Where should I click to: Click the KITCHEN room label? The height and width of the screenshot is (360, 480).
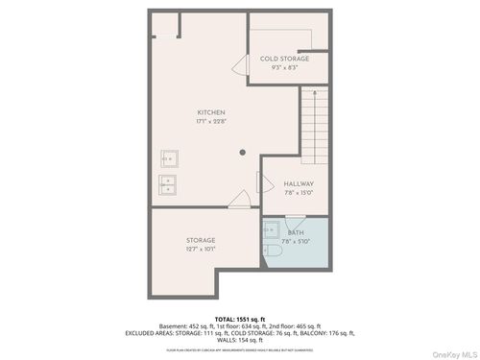click(x=211, y=112)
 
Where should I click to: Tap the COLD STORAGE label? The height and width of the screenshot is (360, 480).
click(x=285, y=59)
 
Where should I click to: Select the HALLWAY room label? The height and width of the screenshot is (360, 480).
click(x=299, y=183)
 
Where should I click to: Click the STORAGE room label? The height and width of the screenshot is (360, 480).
click(x=201, y=240)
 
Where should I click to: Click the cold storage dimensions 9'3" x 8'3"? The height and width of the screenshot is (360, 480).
click(x=285, y=68)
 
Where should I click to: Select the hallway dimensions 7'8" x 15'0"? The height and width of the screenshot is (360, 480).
click(x=299, y=192)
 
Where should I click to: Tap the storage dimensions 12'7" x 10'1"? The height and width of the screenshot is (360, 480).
click(x=201, y=249)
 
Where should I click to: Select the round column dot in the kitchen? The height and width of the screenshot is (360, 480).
click(x=244, y=152)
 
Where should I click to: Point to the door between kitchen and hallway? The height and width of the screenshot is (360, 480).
click(x=262, y=182)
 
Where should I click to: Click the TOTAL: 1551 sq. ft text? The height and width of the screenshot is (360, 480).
click(x=239, y=319)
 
